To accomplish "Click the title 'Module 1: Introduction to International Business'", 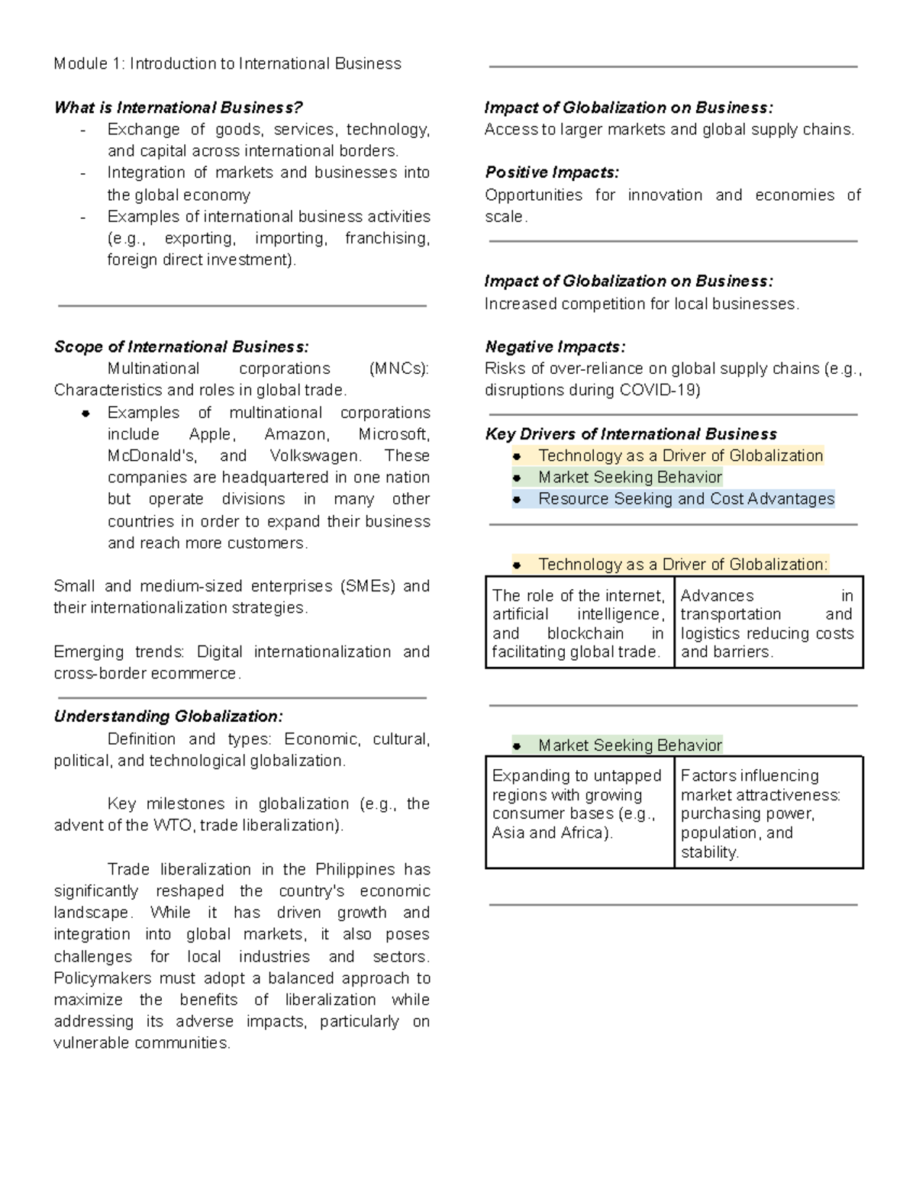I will tap(227, 64).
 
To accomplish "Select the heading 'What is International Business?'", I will tap(178, 108).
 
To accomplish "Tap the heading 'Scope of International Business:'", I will tap(181, 347).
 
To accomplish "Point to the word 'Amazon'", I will tap(296, 435).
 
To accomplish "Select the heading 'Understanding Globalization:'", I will tap(168, 717).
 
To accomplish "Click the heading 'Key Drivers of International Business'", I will tap(631, 434).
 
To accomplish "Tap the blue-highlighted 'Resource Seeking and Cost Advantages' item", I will tap(685, 499).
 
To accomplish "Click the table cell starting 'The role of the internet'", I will tap(579, 623).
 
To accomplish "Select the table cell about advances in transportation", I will tap(767, 623).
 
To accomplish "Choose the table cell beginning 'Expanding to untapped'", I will tap(579, 804).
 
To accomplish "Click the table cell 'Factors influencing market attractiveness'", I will tap(767, 813).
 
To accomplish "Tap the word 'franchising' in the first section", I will tap(387, 239).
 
